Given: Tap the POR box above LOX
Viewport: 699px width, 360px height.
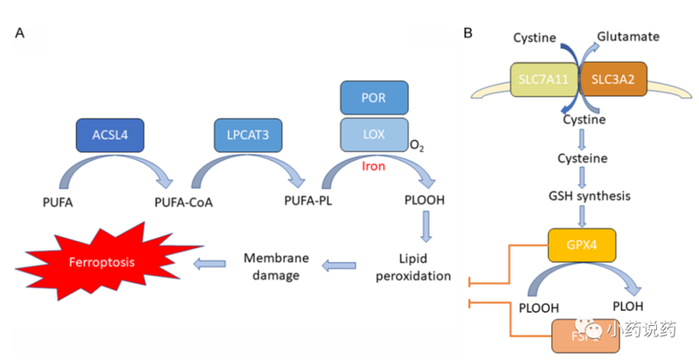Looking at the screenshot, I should (x=372, y=98).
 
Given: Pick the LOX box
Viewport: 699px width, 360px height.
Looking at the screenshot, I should (x=372, y=134).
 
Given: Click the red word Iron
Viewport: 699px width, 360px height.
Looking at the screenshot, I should (x=374, y=163).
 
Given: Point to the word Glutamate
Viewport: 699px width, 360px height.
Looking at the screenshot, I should (x=627, y=38).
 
